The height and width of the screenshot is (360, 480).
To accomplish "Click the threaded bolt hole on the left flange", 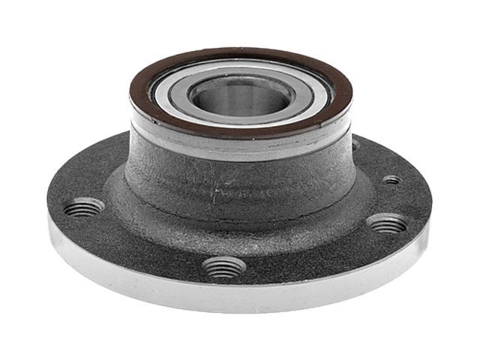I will pos(83,206).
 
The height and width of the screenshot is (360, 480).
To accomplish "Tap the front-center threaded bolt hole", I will pos(224,265).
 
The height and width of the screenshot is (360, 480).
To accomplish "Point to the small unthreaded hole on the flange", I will pos(391,180).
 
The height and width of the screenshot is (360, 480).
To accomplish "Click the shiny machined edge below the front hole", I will pos(225,296).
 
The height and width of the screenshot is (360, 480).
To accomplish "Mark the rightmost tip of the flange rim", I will pos(432,206).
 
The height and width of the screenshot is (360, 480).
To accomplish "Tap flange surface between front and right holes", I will pos(315,251).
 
